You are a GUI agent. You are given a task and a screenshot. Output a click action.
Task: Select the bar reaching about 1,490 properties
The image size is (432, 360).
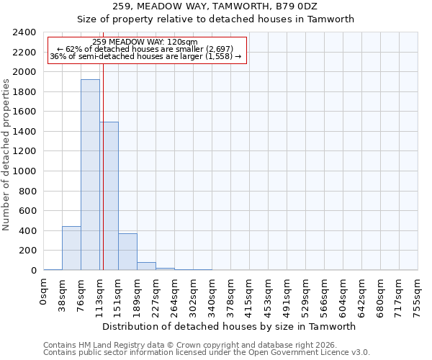(x=109, y=196)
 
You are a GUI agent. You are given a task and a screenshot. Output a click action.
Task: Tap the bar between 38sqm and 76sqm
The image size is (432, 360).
(x=71, y=248)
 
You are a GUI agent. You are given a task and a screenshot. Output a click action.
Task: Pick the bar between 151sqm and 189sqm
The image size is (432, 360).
(x=127, y=252)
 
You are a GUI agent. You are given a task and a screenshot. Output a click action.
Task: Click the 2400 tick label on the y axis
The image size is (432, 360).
(x=24, y=32)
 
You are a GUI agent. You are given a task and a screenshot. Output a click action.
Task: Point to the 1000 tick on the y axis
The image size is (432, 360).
(x=24, y=171)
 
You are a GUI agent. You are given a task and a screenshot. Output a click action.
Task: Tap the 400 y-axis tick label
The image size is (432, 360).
(x=27, y=231)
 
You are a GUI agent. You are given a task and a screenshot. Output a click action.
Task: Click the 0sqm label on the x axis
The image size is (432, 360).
(x=44, y=292)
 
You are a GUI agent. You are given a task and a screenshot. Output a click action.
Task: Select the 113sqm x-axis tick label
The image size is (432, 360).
(x=100, y=295)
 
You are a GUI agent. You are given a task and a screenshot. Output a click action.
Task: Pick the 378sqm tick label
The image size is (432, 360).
(x=231, y=295)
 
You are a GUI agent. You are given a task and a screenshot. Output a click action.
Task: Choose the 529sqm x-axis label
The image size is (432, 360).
(x=306, y=295)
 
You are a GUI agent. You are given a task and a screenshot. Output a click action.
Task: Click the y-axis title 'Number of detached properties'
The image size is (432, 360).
(x=6, y=151)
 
